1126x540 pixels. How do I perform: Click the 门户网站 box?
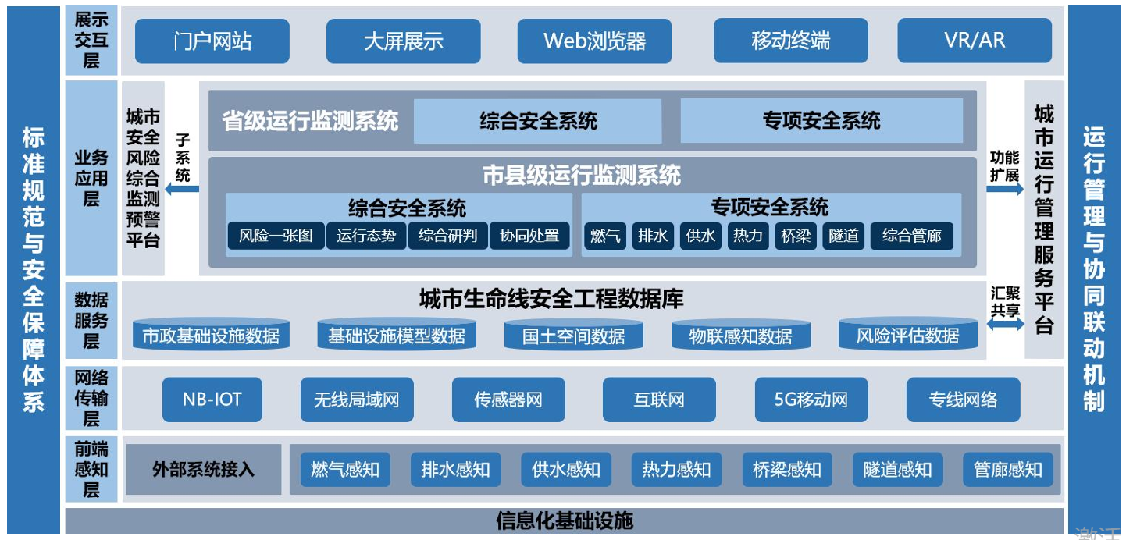[212, 41]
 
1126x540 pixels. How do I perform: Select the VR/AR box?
[974, 41]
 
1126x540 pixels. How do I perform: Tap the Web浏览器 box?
[594, 41]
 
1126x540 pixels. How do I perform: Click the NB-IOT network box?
[212, 400]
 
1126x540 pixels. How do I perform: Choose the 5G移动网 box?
[811, 400]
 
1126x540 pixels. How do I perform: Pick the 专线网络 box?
[962, 400]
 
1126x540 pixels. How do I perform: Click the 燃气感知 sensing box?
[344, 469]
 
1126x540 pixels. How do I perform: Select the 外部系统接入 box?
[203, 469]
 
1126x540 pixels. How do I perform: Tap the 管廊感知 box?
[1007, 469]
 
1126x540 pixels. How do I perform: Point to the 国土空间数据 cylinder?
[574, 335]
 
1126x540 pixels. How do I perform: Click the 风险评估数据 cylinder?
[907, 335]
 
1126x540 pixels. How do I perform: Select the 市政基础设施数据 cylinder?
[211, 335]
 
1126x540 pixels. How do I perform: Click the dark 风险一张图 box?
[276, 236]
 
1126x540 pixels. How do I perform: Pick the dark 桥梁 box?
[796, 236]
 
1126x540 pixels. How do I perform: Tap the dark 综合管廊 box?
[911, 236]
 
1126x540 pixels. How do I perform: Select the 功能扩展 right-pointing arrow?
[1004, 189]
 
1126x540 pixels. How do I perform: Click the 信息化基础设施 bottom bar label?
[564, 520]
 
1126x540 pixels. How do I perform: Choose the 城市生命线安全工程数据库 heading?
[551, 299]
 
